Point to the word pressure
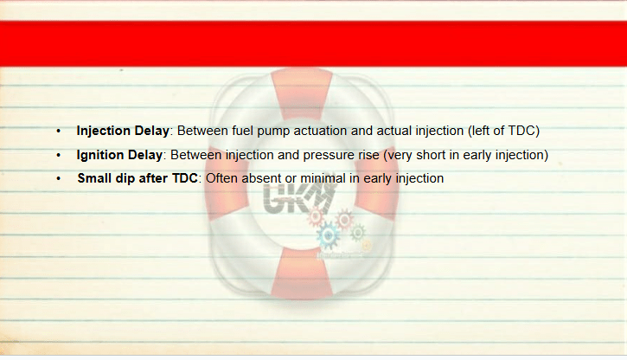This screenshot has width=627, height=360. click(329, 156)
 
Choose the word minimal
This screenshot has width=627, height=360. click(323, 178)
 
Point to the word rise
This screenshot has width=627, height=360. click(368, 155)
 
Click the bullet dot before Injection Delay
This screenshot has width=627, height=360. click(59, 132)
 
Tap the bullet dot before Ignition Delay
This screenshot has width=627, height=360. click(59, 155)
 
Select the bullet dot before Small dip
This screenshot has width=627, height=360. click(59, 178)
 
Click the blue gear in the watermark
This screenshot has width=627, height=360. click(329, 235)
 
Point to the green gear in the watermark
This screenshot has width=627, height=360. click(357, 233)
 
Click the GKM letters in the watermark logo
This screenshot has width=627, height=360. click(298, 198)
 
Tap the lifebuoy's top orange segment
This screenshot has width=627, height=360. click(302, 93)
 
